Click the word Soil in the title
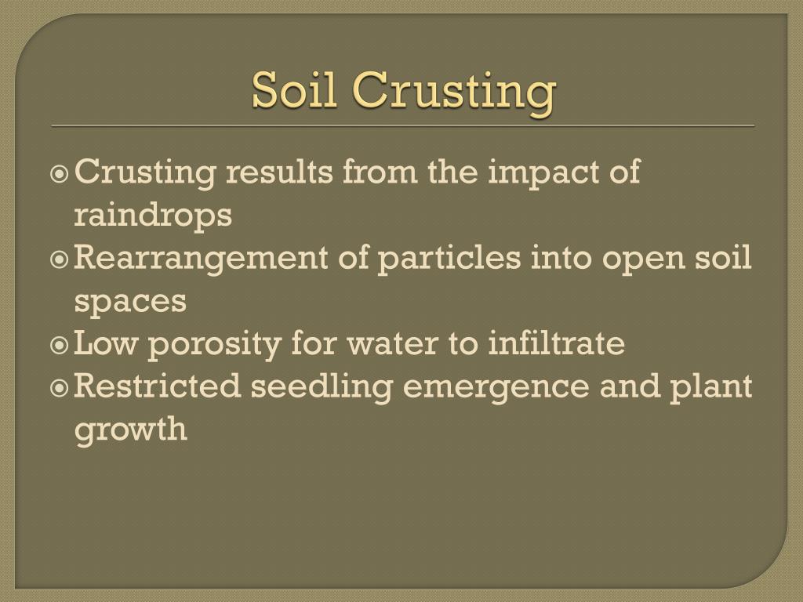[x=294, y=91]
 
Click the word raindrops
[x=153, y=216]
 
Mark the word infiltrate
[x=556, y=344]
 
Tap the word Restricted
[x=156, y=386]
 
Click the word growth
[x=131, y=430]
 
